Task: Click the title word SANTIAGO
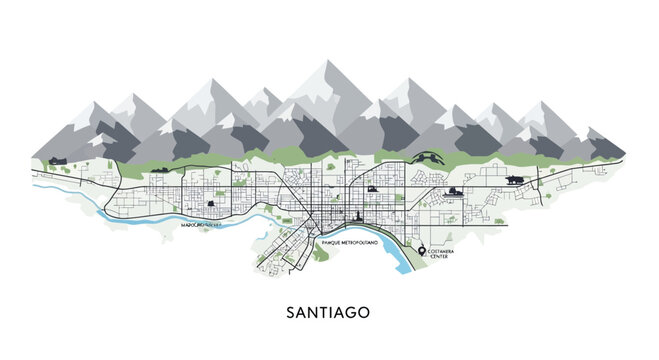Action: (x=329, y=312)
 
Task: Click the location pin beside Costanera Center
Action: (x=422, y=250)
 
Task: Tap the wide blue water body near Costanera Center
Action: (x=397, y=262)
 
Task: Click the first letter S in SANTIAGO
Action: (x=291, y=312)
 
